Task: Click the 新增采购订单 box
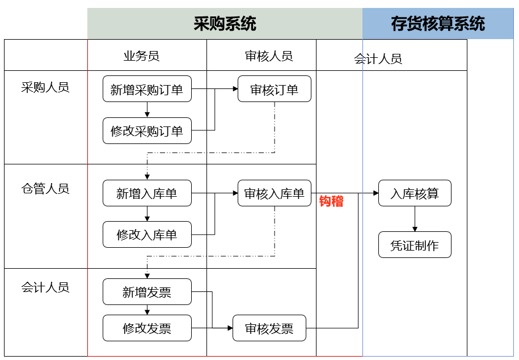pos(147,89)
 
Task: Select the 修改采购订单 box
pos(147,131)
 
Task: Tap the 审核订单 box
pos(274,89)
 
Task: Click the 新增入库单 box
pos(147,193)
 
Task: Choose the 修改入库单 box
pos(147,235)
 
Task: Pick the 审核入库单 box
pos(274,193)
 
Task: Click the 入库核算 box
pos(415,193)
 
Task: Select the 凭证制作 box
pos(415,245)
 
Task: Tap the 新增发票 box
pos(147,292)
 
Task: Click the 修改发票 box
pos(147,328)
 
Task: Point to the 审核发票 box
pos(269,328)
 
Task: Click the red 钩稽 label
pos(331,202)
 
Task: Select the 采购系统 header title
pos(225,24)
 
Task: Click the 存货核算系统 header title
pos(437,24)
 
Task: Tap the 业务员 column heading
pos(141,56)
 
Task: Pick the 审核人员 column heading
pos(269,56)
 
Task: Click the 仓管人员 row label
pos(45,189)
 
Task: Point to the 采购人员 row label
pos(45,87)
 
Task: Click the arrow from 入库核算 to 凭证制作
pos(415,219)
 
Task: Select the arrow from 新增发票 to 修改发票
pos(147,310)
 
